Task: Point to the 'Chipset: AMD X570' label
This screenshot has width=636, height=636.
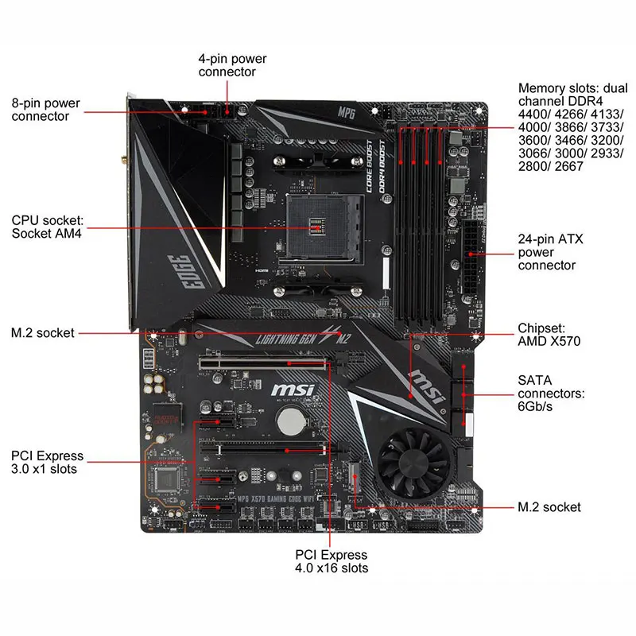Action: (x=549, y=335)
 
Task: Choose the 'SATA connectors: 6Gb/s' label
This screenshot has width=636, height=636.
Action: (x=551, y=394)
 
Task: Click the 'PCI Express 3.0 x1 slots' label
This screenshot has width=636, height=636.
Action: (x=47, y=463)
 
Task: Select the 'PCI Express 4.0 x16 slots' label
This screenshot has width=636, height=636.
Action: (x=332, y=561)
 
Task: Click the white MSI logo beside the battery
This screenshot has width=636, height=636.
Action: (x=293, y=390)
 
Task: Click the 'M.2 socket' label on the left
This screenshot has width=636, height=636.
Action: (x=42, y=332)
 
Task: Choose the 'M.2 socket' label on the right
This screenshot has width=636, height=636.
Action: (x=549, y=506)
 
